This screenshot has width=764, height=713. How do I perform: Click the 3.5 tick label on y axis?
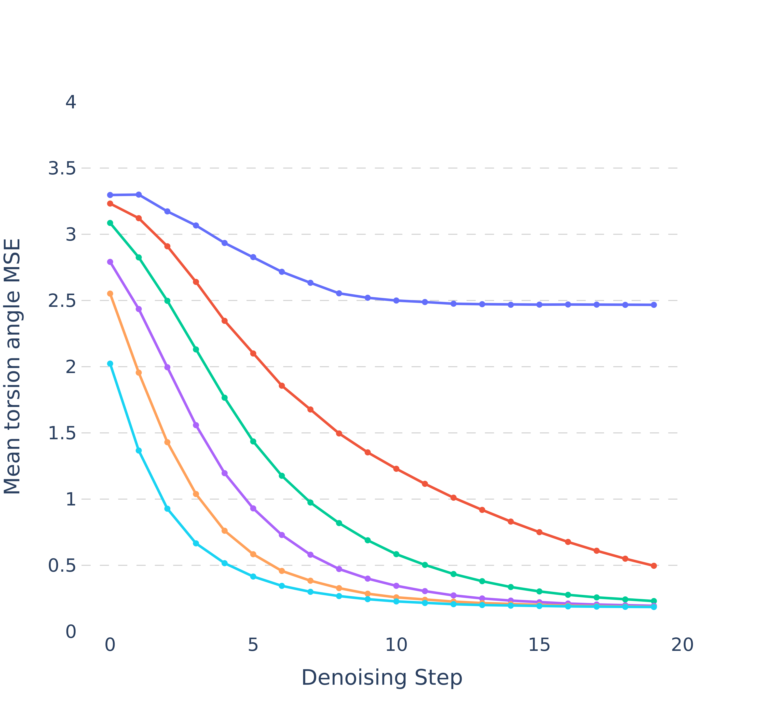(61, 168)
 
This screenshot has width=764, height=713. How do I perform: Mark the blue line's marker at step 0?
(110, 195)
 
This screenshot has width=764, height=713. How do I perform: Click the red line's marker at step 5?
(253, 353)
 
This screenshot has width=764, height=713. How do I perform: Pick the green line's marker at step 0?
(110, 223)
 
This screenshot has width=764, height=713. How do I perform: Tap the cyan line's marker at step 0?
(110, 364)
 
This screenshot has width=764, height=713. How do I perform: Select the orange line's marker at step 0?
(110, 294)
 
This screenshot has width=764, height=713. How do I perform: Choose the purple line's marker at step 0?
(110, 262)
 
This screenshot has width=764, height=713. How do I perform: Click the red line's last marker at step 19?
(654, 566)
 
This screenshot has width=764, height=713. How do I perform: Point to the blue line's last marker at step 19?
(654, 305)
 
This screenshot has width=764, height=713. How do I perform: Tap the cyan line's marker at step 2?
(167, 509)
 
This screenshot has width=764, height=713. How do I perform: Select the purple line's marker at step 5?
(253, 509)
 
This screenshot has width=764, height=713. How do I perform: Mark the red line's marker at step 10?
(396, 469)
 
